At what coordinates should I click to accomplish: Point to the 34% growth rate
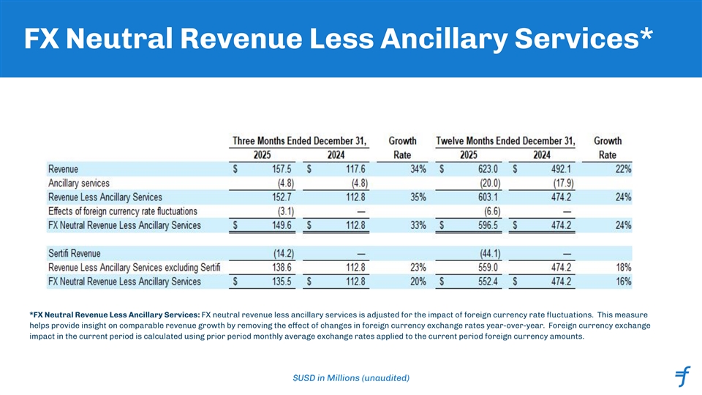click(x=417, y=169)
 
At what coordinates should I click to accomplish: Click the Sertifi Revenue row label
click(x=75, y=253)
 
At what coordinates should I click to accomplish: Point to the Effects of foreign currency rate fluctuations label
click(x=122, y=211)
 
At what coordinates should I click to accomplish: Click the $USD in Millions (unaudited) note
click(x=350, y=377)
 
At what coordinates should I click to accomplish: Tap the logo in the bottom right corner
click(x=682, y=377)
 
